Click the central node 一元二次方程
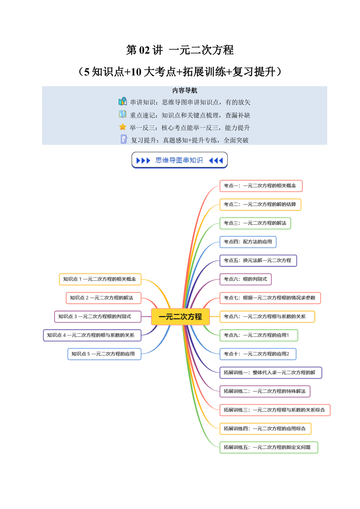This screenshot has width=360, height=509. coord(180,317)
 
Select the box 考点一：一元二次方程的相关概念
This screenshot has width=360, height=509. coord(261,186)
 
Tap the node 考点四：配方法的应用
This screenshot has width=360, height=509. coord(248,242)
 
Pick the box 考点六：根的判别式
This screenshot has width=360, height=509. coord(245,279)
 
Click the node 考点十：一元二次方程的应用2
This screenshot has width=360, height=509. coord(258,354)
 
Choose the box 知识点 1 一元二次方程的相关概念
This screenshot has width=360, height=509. coord(100,279)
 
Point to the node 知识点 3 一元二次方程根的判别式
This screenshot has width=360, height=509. coord(98,317)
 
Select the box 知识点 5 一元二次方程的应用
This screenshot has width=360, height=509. coord(104,354)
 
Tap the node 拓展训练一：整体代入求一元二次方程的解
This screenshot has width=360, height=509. coord(271,373)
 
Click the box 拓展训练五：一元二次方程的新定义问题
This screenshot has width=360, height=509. coord(269,447)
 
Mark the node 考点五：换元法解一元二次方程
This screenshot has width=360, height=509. coord(258,261)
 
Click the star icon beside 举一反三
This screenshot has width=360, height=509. coord(123,127)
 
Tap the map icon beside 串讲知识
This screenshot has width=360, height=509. coord(123,101)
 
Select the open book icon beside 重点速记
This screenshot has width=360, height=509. coord(122,114)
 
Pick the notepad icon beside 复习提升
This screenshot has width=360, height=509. coord(124,139)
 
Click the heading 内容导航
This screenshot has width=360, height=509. coord(185,91)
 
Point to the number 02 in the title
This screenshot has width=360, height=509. coord(144,50)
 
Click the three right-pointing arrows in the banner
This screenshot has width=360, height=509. coord(143,160)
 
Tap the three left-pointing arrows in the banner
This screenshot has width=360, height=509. coord(216,160)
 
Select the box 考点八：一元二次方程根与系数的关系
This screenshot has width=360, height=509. coord(267,317)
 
